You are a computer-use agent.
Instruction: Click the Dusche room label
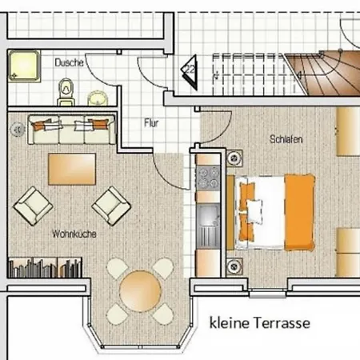point(69,62)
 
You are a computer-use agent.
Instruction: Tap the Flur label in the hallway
point(151,123)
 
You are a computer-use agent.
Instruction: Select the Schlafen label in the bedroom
point(286,139)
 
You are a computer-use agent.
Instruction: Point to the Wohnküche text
point(74,234)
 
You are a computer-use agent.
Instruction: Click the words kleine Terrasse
point(260,323)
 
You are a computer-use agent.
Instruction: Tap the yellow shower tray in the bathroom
point(24,66)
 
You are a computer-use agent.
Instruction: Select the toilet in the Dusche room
point(66,92)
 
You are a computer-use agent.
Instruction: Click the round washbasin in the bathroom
point(98,98)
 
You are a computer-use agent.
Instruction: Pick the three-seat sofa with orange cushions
point(72,130)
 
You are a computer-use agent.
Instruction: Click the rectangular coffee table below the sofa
point(72,169)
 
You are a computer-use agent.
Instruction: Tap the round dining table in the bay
point(140,291)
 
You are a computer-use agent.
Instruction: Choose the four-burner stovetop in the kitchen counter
point(208,178)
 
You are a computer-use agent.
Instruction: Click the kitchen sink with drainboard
point(208,226)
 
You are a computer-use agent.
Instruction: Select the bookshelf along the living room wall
point(45,268)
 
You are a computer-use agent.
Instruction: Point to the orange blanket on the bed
point(299,213)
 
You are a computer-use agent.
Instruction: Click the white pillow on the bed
point(254,211)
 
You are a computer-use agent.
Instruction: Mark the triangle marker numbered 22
point(190,72)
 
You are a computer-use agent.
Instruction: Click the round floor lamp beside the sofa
point(17,130)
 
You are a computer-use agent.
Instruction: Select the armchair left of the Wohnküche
point(34,206)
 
